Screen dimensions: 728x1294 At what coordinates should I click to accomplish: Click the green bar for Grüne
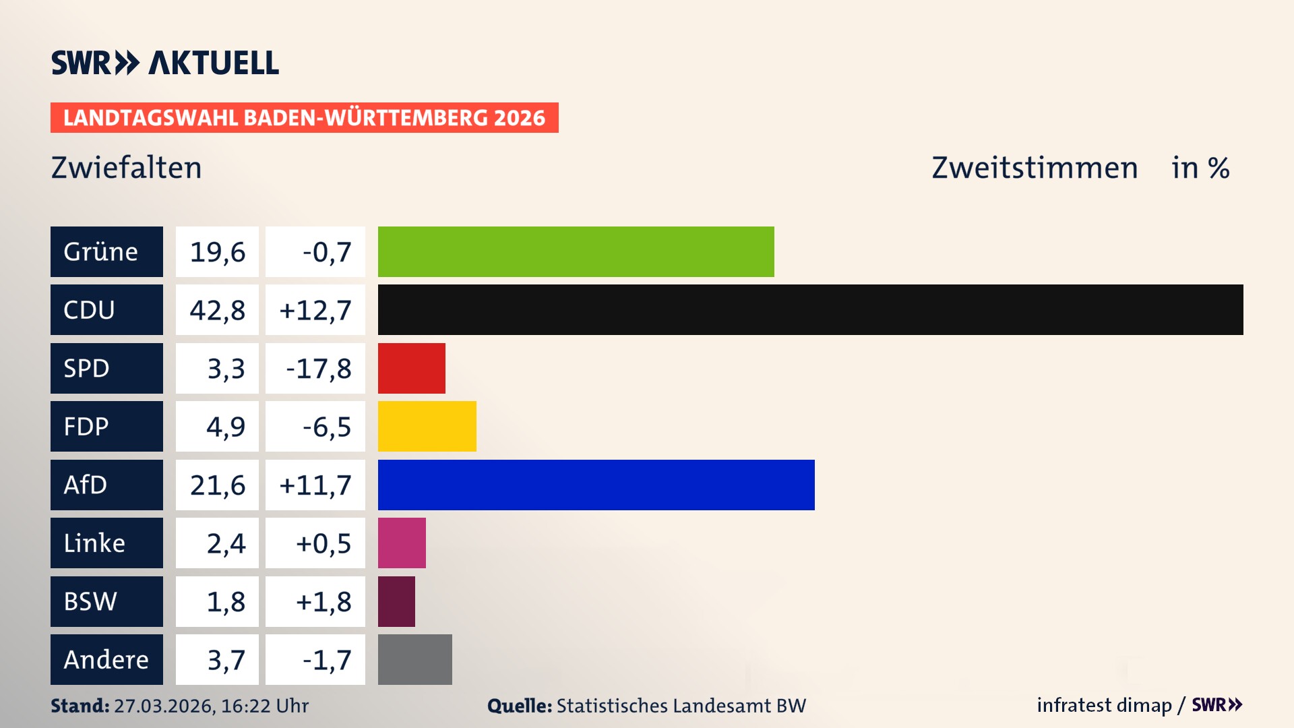click(x=576, y=251)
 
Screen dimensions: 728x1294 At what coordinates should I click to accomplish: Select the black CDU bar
click(x=810, y=309)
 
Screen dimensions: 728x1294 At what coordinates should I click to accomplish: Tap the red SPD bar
click(x=411, y=368)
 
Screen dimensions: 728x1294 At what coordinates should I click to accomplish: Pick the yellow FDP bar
click(x=427, y=426)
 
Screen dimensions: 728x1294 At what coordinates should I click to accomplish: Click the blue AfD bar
click(x=596, y=485)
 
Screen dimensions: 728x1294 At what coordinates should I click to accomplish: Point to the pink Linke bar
click(x=402, y=543)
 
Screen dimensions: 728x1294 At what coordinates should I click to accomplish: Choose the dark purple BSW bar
click(x=396, y=601)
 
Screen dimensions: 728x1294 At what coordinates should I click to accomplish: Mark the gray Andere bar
click(x=414, y=659)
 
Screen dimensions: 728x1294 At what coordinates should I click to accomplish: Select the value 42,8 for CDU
click(x=217, y=310)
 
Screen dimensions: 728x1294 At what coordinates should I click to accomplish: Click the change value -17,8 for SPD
click(x=318, y=369)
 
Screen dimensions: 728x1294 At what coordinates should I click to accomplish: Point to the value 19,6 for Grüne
click(x=217, y=252)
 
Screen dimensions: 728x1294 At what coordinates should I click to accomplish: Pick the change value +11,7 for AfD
click(x=315, y=485)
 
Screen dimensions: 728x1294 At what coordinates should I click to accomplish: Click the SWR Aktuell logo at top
click(x=165, y=63)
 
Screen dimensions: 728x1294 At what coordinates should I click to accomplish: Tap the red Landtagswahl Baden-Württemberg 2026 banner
click(x=304, y=117)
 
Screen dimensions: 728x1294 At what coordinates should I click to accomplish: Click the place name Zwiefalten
click(x=126, y=168)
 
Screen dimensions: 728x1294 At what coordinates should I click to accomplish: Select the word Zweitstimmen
click(x=1035, y=168)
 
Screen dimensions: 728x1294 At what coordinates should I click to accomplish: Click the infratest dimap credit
click(x=1104, y=705)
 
